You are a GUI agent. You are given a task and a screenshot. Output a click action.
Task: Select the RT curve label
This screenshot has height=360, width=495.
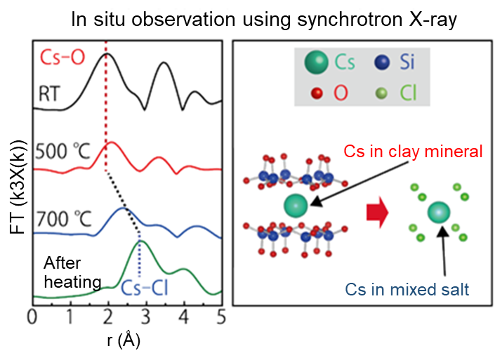pos(53,92)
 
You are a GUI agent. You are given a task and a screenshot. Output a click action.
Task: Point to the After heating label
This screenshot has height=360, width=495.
pos(72,272)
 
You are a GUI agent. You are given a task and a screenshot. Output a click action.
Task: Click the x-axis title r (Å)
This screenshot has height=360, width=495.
pos(126,341)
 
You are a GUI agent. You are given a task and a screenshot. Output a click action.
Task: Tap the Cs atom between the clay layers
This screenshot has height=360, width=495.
pos(296,206)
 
